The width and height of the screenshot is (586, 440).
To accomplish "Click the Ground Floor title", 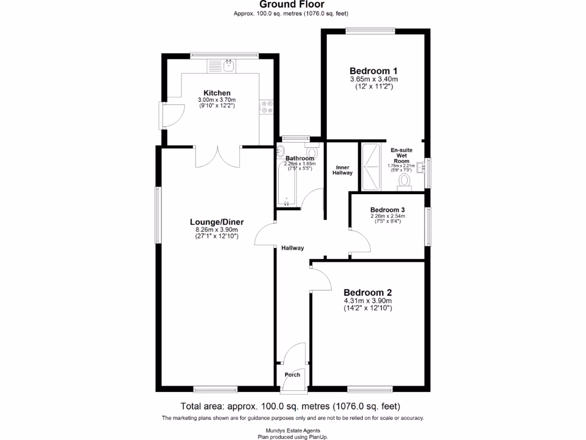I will point(292,5).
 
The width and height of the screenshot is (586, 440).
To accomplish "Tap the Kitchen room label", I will point(217,93).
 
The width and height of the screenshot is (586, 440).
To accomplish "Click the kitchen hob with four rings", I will point(267,106).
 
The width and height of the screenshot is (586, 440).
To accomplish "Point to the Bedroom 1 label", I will point(374,70).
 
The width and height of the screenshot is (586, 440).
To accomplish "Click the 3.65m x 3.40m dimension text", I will point(374,79).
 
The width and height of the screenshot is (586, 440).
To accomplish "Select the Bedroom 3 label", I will point(387,210).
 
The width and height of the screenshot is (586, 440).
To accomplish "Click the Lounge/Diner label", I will point(217,222).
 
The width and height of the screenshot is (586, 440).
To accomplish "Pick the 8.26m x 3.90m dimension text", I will point(217,230).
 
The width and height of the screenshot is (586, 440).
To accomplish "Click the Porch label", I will point(292,375).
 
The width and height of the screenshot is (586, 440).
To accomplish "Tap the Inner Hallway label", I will point(343,170).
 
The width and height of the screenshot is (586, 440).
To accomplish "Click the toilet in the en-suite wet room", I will point(405,180).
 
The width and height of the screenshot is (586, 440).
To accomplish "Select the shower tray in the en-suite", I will point(371,167).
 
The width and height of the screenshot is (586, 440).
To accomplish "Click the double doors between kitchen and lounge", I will point(217,157).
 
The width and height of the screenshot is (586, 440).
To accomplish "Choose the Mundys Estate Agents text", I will point(292,430).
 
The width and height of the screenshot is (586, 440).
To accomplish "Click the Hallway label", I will point(292,248).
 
